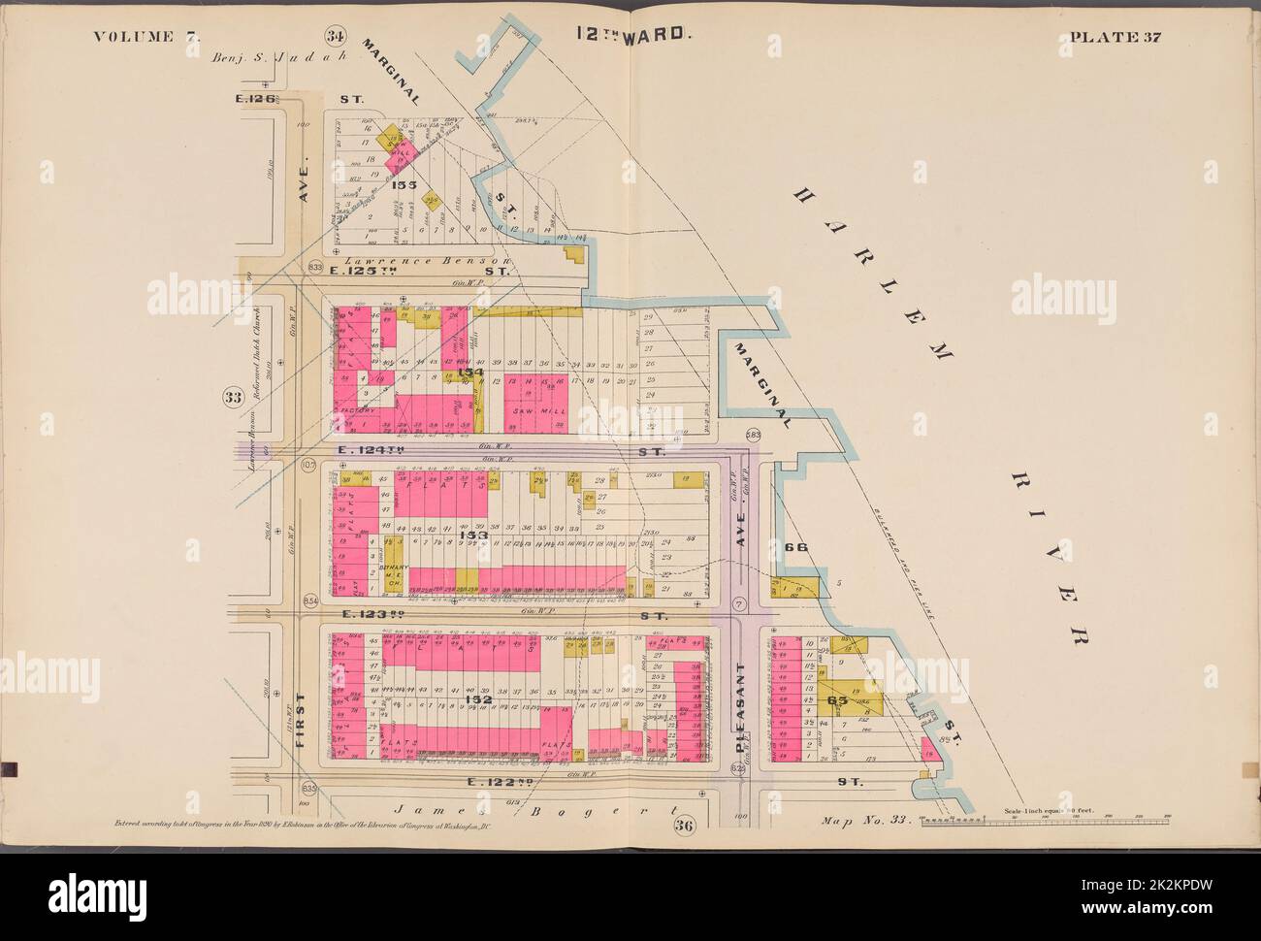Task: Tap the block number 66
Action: coord(795,547)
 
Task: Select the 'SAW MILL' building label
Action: coord(527,411)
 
